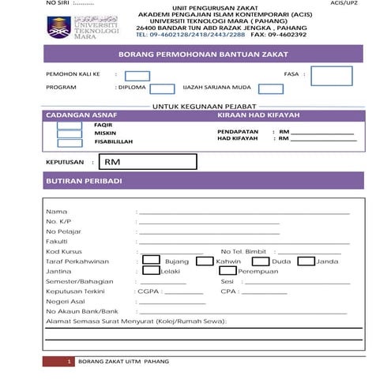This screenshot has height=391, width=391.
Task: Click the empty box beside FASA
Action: click(x=331, y=76)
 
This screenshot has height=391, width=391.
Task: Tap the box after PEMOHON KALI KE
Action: click(x=137, y=76)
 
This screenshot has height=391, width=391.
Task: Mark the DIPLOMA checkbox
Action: click(x=162, y=88)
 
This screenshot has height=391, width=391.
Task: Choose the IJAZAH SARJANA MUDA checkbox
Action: click(x=268, y=88)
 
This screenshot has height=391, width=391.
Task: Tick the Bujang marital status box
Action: click(x=151, y=261)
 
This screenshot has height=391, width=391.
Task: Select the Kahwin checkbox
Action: click(x=205, y=261)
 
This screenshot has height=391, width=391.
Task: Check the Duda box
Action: click(x=260, y=261)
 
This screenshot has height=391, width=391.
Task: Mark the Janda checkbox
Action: click(x=307, y=261)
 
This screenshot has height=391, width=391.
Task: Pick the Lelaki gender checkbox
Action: click(x=151, y=271)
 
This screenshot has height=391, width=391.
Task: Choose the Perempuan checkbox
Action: click(x=227, y=271)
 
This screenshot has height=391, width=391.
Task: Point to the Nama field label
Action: click(x=56, y=212)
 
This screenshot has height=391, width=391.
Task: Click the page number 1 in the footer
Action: click(x=70, y=361)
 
